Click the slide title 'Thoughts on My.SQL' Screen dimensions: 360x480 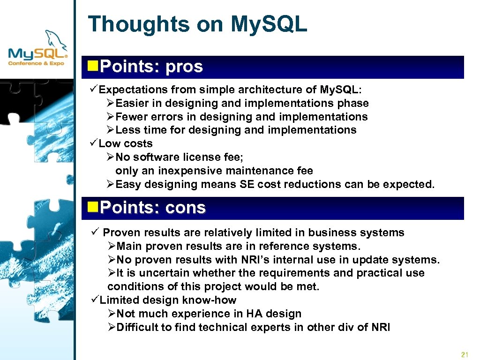point(197,24)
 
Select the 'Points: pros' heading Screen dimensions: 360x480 point(151,67)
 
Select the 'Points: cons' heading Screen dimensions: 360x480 point(152,208)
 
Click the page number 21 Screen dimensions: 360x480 point(465,354)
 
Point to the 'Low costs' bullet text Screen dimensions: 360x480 point(126,143)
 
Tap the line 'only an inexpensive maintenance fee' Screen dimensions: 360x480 point(214,171)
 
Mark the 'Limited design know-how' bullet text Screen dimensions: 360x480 point(168,300)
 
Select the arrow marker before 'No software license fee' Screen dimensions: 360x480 point(111,157)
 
